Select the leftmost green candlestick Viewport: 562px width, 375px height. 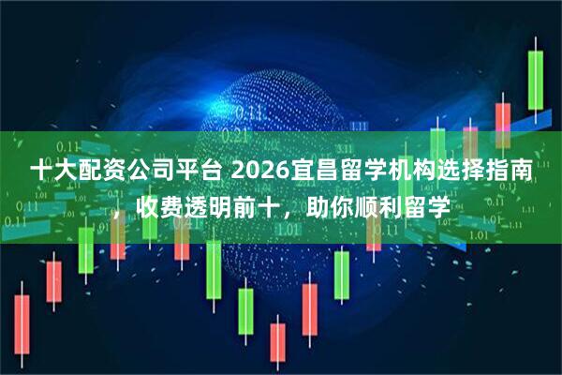point(85,248)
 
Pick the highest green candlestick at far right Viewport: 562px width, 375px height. point(535,80)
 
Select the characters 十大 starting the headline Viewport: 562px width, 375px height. point(51,172)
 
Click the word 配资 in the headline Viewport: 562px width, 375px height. point(95,172)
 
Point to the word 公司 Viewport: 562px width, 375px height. point(139,172)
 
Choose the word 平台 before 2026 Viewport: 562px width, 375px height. point(184,172)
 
